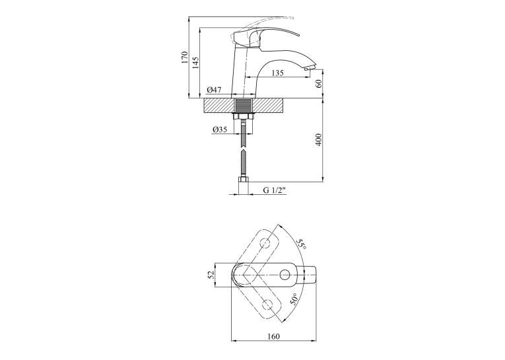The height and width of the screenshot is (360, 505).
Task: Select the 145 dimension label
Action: point(195,63)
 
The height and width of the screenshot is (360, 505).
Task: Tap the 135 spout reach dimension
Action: point(278,73)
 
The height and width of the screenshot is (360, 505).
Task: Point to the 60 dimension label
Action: point(319,83)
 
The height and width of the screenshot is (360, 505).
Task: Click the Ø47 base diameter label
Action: point(214,90)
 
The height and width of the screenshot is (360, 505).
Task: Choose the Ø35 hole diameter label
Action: point(220,129)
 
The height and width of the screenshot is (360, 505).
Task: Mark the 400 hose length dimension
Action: point(319,139)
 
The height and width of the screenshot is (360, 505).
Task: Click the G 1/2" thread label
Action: point(275,190)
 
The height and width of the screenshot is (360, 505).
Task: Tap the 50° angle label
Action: point(294,299)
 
